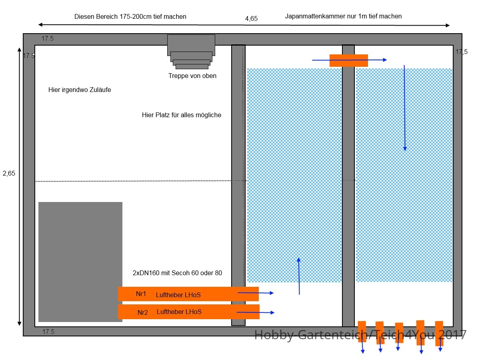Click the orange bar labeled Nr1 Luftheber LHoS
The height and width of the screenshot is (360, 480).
pos(188,294)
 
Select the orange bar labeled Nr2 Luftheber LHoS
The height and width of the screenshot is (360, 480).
pos(188,312)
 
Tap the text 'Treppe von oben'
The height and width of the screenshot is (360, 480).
pos(192,76)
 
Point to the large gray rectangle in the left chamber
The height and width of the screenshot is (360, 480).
pos(80,262)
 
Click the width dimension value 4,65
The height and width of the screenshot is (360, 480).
pos(251,18)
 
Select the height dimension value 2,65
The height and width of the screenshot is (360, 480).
pos(9,173)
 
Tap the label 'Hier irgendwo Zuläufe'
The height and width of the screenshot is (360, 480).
pos(80,90)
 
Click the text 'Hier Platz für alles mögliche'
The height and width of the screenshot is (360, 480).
pos(182,115)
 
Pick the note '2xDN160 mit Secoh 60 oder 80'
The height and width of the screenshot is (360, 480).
pos(177,273)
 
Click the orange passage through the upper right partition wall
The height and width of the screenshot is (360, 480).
pos(348,60)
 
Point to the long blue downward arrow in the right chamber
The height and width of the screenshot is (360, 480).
pos(404,108)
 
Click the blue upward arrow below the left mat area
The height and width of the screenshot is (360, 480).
pos(299,276)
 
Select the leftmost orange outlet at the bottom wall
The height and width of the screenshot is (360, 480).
pos(362,332)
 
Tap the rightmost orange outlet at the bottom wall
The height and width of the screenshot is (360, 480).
pos(439,334)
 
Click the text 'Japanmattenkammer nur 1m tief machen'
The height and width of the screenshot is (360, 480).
pos(343,16)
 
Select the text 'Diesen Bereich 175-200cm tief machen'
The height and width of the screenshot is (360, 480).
pos(130,17)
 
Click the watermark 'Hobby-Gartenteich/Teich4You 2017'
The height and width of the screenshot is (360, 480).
pos(360,335)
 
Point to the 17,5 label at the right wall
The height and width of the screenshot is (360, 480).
pos(462,52)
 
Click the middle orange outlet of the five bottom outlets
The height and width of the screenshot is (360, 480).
pos(399,333)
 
